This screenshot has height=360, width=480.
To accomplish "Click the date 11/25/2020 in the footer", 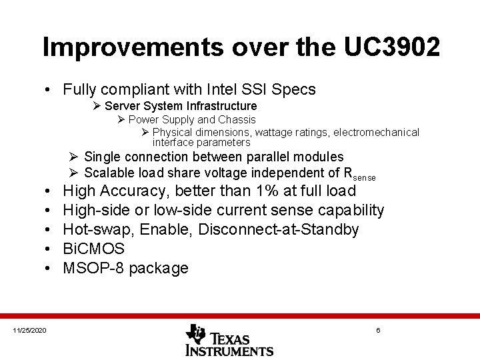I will click(x=30, y=331).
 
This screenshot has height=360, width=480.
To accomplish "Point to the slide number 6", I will click(x=378, y=331).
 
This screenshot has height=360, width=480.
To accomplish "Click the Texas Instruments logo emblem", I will click(x=195, y=333).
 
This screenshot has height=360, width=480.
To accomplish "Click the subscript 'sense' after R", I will click(x=365, y=178).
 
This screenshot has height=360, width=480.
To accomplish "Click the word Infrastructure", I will click(x=224, y=106).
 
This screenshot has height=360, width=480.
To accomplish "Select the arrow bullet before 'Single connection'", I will click(x=74, y=157).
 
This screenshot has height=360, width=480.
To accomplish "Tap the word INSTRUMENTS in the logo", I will click(x=229, y=349).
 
